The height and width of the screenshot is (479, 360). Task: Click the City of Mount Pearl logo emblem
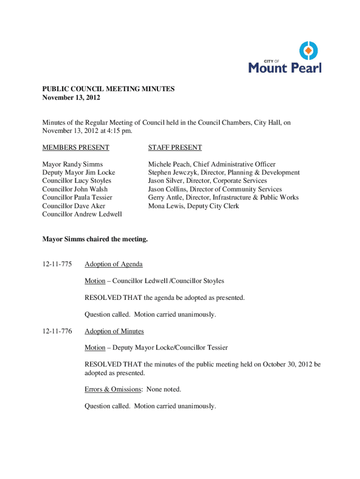[308, 51]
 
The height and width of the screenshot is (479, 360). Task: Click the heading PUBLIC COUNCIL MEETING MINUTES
[108, 89]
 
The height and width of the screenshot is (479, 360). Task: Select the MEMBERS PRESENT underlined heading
[76, 148]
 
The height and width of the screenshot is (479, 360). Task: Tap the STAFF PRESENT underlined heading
[175, 148]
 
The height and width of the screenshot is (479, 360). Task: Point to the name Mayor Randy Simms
[72, 164]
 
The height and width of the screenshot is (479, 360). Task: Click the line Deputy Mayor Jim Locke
[79, 173]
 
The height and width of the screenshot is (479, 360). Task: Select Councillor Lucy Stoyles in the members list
[76, 181]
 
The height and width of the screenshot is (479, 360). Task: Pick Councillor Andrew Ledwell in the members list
[82, 214]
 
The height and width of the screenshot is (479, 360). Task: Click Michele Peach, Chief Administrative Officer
[212, 164]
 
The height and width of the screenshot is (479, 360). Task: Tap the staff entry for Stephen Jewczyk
[224, 173]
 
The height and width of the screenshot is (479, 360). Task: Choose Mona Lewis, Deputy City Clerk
[194, 206]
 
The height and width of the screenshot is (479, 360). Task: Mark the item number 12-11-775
[57, 264]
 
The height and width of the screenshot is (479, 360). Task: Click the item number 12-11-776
[57, 332]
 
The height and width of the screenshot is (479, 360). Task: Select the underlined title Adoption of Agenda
[114, 264]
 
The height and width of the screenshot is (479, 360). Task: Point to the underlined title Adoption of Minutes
[114, 332]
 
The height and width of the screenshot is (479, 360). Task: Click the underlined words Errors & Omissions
[113, 389]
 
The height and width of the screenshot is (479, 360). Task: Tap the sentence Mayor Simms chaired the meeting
[95, 239]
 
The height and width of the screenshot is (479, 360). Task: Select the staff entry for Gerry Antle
[223, 197]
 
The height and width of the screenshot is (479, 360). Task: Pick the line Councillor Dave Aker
[74, 206]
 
